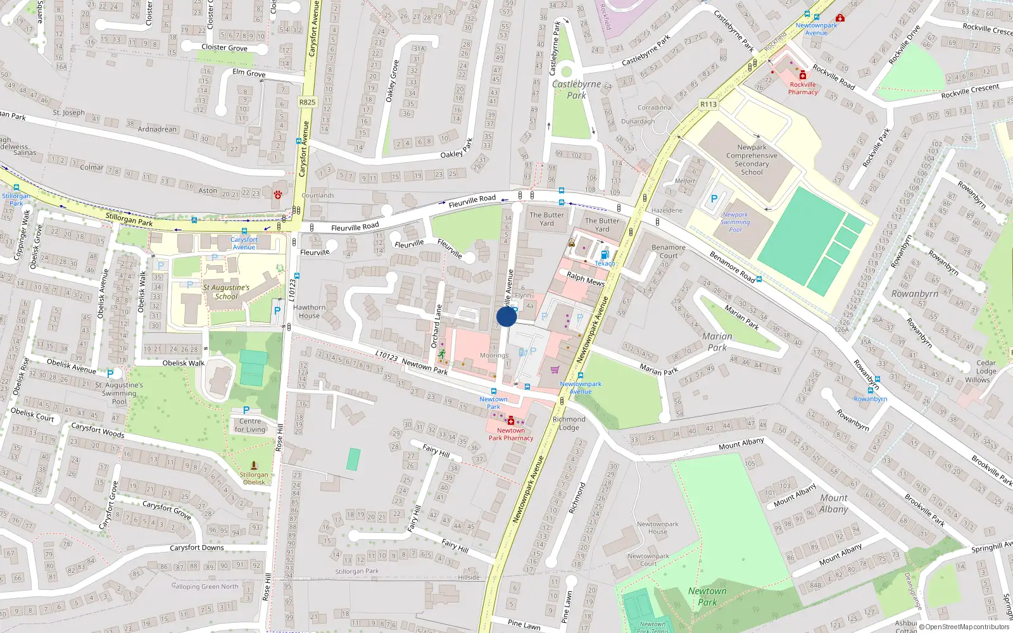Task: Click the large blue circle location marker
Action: tap(507, 316)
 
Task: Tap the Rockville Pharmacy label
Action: tap(803, 88)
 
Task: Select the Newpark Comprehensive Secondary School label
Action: tap(752, 160)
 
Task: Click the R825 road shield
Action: tap(307, 102)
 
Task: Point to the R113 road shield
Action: tap(708, 104)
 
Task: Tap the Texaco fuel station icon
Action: tap(605, 254)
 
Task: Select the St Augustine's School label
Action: tap(226, 292)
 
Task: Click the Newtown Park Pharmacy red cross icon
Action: tap(511, 421)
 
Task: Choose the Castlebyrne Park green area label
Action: tap(576, 89)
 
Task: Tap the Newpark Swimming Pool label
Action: tap(735, 222)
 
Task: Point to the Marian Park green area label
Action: tap(717, 342)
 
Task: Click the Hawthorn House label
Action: tap(309, 311)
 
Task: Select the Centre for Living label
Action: tap(250, 425)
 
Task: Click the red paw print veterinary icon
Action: tap(277, 194)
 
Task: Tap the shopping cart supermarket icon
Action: tap(555, 370)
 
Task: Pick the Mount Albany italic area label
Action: tap(834, 503)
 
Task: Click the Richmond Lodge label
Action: tap(569, 423)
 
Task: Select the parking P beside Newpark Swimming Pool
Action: tap(714, 199)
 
